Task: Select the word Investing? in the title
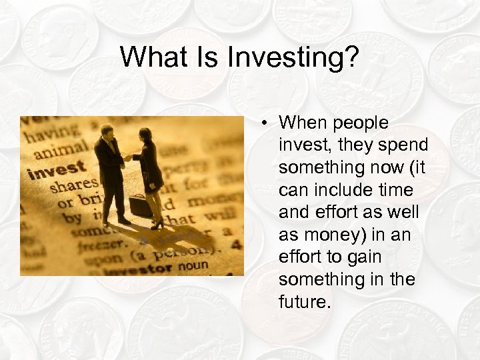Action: pos(293,59)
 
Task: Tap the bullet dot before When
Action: pos(265,123)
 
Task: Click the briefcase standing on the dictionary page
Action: pos(141,205)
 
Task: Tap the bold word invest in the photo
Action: pos(57,169)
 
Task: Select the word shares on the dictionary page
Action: pos(73,185)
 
